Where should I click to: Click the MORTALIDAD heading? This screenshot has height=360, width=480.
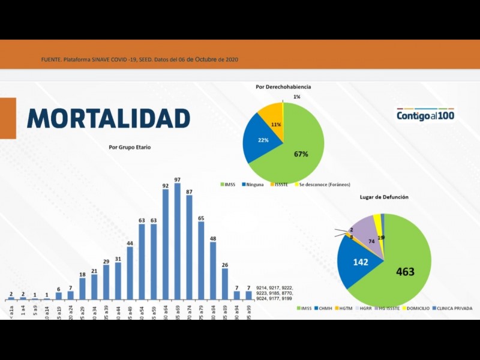click(x=109, y=118)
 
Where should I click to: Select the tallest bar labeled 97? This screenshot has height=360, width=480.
click(x=178, y=240)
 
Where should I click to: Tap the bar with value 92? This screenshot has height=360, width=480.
click(x=166, y=243)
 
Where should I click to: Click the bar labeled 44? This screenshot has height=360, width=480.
click(x=130, y=273)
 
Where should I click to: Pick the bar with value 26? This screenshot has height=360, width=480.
click(x=225, y=283)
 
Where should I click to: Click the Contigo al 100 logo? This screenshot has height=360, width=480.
click(x=425, y=115)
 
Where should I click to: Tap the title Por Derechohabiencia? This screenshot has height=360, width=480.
click(x=283, y=87)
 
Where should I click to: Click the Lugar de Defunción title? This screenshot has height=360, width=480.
click(x=384, y=197)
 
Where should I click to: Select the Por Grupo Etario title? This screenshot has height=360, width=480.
click(x=130, y=146)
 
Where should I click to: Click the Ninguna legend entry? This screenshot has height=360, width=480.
click(x=251, y=185)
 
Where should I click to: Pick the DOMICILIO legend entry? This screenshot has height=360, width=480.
click(x=416, y=308)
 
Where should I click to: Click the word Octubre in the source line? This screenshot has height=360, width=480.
click(x=205, y=59)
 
